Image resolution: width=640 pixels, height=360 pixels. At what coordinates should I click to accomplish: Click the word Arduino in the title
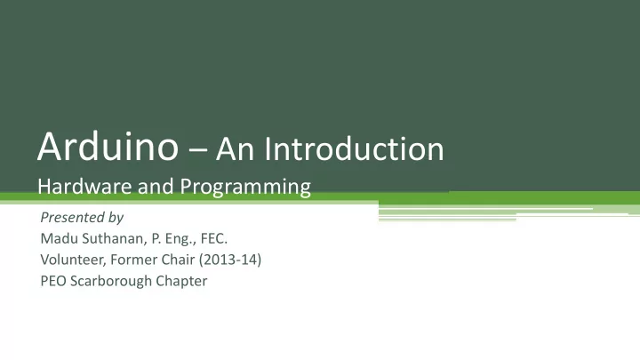pyautogui.click(x=108, y=146)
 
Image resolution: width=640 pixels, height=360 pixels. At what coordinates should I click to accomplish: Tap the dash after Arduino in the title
pyautogui.click(x=198, y=151)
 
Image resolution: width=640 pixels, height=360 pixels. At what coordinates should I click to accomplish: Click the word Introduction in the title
pyautogui.click(x=355, y=148)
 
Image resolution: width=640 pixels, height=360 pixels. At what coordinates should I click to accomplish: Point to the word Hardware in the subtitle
pyautogui.click(x=85, y=186)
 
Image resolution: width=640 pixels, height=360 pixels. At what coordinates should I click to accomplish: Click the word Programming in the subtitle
pyautogui.click(x=245, y=188)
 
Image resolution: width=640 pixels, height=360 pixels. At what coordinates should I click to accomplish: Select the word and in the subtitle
pyautogui.click(x=156, y=186)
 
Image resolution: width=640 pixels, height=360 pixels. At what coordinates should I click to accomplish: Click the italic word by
pyautogui.click(x=116, y=218)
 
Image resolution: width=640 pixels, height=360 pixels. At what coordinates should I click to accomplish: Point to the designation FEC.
pyautogui.click(x=214, y=238)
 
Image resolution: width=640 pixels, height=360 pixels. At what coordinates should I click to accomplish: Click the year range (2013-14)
pyautogui.click(x=230, y=260)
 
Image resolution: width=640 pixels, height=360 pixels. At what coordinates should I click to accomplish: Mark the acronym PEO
pyautogui.click(x=53, y=281)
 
